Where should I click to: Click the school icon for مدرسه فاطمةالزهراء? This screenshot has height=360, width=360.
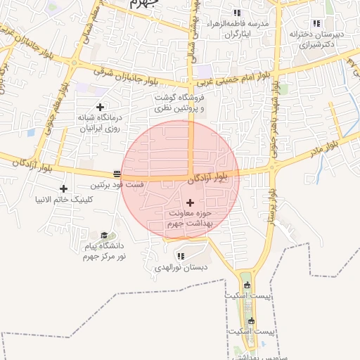[x=237, y=13]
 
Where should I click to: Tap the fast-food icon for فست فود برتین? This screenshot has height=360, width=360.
[x=117, y=174]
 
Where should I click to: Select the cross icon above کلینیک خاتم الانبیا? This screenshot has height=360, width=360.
[x=64, y=188]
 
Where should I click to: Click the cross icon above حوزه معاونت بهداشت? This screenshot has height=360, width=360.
[x=190, y=202]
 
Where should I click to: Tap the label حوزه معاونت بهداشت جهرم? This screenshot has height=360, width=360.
[x=190, y=218]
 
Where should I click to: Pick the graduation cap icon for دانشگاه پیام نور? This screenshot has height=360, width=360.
[x=105, y=235]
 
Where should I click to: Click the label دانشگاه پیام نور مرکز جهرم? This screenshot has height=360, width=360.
[x=103, y=252]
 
